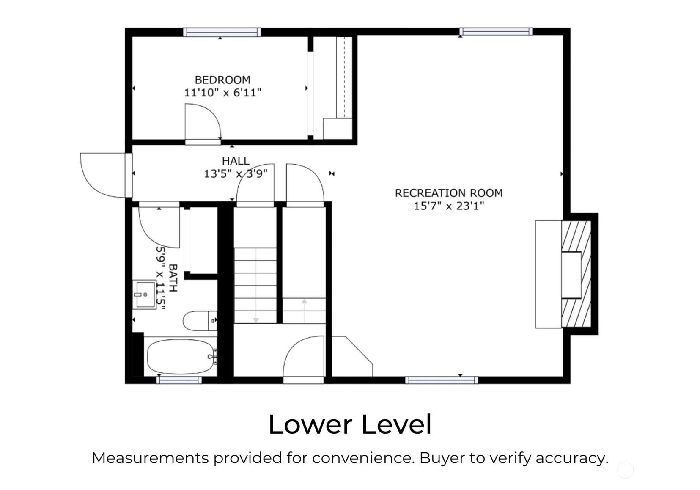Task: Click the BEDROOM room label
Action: (x=222, y=80)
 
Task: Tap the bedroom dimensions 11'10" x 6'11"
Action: (x=222, y=93)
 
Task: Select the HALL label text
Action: (x=236, y=161)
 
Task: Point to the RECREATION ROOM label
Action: (x=449, y=193)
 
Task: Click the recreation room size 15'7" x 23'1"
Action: (x=449, y=206)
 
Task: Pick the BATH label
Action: (x=173, y=278)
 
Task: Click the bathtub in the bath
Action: (x=181, y=357)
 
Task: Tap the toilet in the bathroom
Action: (x=200, y=321)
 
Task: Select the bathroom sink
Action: (x=144, y=295)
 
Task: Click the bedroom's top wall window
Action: (x=222, y=32)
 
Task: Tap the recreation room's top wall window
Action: (x=496, y=31)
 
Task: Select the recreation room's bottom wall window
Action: (x=442, y=380)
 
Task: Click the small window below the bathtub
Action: (x=179, y=380)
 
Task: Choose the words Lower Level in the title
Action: (x=350, y=424)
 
